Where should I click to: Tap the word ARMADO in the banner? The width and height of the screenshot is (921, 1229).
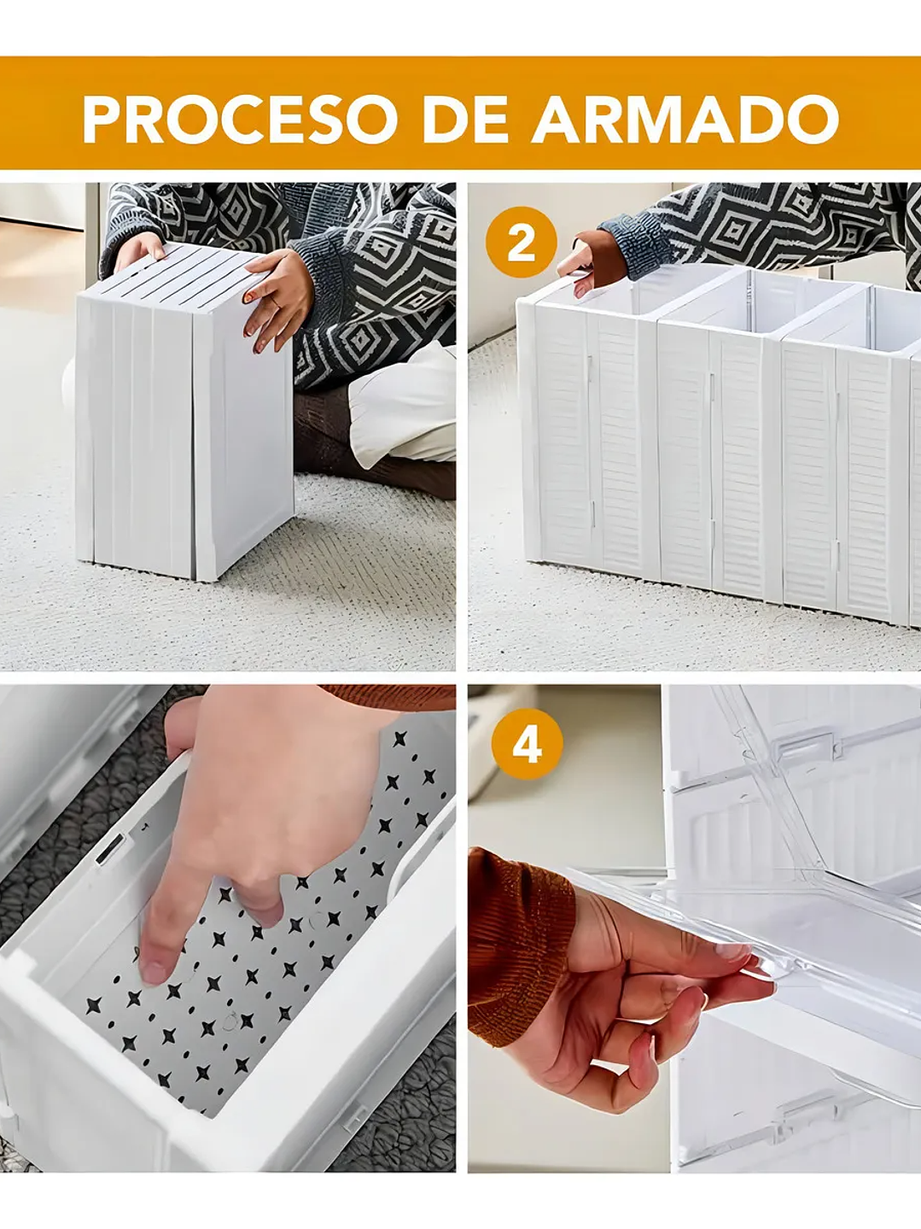pyautogui.click(x=685, y=119)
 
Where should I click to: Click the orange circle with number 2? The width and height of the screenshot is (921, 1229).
pyautogui.click(x=521, y=242)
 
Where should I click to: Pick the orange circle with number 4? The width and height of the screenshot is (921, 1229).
pyautogui.click(x=528, y=744)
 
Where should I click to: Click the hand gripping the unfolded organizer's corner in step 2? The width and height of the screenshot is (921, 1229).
pyautogui.click(x=592, y=263)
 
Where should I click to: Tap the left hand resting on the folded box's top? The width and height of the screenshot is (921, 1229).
pyautogui.click(x=139, y=251)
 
